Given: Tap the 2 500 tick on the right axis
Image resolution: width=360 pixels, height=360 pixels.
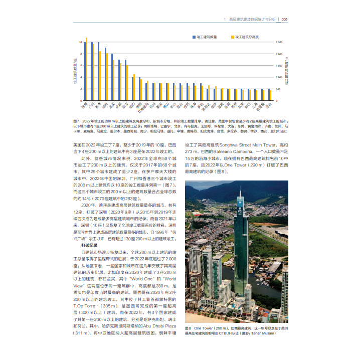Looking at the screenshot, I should point(279,42).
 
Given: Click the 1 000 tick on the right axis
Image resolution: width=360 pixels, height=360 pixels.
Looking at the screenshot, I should point(279,77).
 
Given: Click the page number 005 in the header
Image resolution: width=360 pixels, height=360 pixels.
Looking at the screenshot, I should point(284,20).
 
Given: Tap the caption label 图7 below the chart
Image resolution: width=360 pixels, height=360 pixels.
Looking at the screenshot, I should point(77,121).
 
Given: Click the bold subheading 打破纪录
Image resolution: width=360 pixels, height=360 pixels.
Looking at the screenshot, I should point(89,246).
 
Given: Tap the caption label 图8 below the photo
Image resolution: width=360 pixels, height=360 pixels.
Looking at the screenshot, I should point(189,327).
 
